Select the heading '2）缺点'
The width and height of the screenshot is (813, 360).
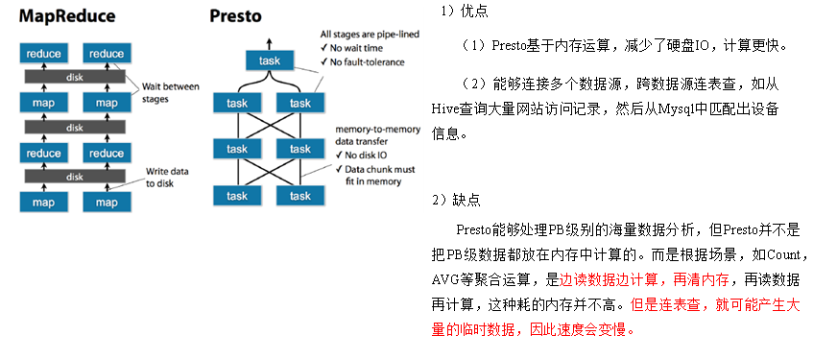(456, 200)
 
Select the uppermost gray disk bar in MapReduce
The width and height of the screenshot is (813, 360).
(76, 77)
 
